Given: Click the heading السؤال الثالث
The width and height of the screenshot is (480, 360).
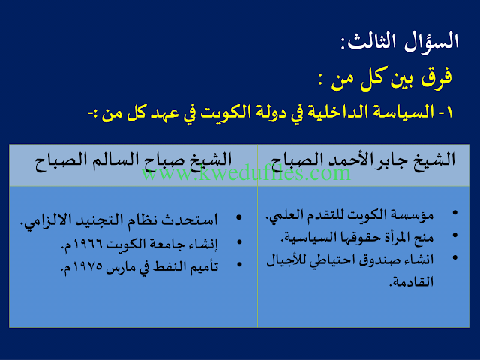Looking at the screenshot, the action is (400, 41).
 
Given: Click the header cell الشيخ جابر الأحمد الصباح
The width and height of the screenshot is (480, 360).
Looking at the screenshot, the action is (363, 161).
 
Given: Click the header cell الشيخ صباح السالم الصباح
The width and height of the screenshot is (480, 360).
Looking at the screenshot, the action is (133, 161).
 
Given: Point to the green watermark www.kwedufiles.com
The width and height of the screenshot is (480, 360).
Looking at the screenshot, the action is (246, 173).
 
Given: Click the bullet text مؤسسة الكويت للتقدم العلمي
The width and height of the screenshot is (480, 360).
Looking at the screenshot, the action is (349, 215).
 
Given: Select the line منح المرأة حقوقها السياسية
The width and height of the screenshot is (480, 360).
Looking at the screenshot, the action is (357, 238).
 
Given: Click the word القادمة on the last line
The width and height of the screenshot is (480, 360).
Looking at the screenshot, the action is (412, 282).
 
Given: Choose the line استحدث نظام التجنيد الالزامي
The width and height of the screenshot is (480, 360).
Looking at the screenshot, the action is (118, 220).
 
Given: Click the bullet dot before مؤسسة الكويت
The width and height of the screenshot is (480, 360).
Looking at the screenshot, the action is (455, 213).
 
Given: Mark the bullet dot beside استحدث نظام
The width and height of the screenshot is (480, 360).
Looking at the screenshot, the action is (239, 217).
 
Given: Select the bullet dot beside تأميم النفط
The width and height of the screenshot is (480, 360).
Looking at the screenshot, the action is (239, 264).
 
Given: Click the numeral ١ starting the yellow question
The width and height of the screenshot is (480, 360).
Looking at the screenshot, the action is (449, 112).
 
